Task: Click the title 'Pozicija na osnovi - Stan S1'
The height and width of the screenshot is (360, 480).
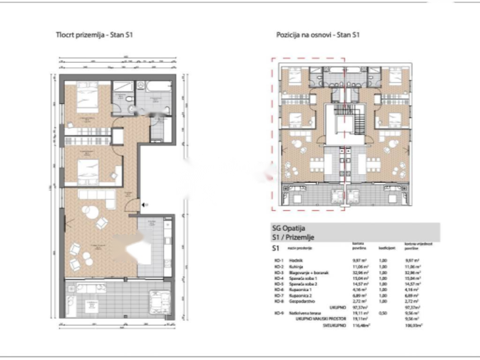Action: (x=317, y=35)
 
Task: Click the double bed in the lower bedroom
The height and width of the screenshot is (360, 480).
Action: (x=88, y=170)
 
